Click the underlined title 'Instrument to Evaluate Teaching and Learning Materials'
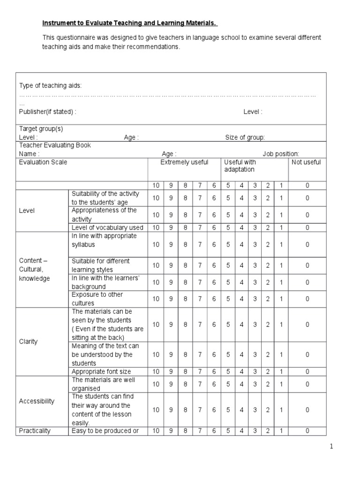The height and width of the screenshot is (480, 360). (130, 23)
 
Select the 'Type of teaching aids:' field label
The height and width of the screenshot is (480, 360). (50, 85)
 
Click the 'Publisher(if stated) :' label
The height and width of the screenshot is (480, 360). (47, 112)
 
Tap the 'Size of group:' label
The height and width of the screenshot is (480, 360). (245, 137)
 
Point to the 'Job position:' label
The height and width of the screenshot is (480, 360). (280, 154)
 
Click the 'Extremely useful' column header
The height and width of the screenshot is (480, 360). (184, 162)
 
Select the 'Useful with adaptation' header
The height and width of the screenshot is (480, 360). (240, 165)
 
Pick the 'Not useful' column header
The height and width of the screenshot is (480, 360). (307, 162)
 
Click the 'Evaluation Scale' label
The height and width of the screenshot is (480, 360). (43, 162)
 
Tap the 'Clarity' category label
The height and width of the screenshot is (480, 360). (29, 341)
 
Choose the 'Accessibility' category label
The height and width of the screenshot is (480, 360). (37, 401)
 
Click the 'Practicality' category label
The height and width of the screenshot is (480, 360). (35, 431)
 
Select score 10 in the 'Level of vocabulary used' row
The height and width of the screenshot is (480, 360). (156, 228)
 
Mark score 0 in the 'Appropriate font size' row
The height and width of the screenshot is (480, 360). (307, 372)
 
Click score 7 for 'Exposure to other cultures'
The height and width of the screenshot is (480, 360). (200, 299)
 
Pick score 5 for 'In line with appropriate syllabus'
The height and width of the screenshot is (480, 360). (228, 245)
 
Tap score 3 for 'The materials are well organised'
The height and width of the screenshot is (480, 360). (255, 384)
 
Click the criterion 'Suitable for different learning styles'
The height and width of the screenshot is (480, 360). (100, 265)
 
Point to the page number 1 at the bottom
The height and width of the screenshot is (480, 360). (331, 447)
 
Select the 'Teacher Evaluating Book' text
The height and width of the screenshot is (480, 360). (55, 145)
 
